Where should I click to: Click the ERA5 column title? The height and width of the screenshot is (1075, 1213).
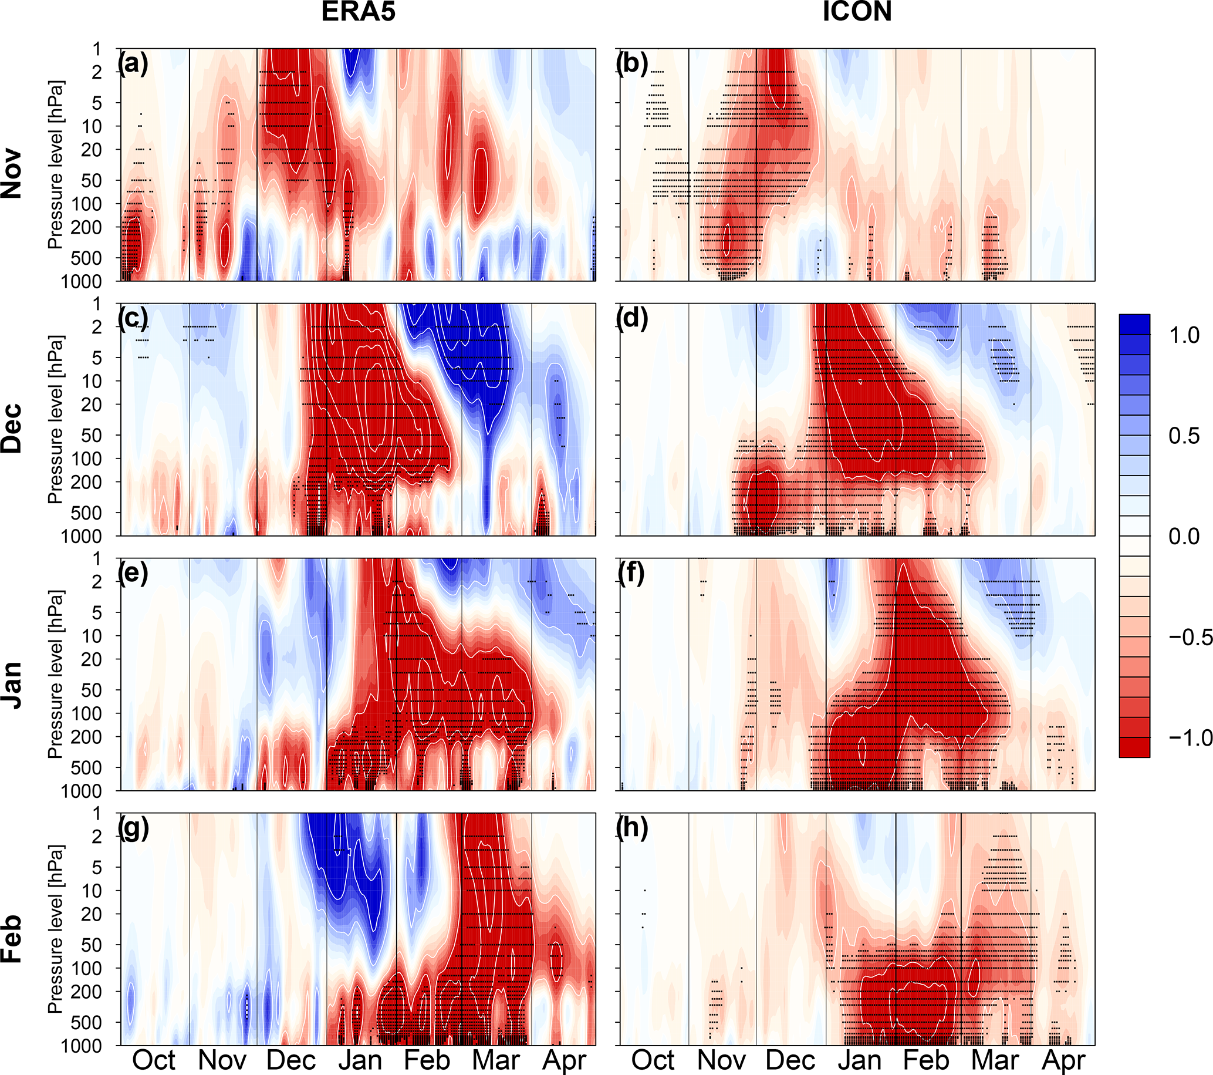(x=358, y=12)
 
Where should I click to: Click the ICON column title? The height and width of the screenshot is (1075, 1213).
(x=856, y=12)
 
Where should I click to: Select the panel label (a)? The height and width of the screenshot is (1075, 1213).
(x=133, y=63)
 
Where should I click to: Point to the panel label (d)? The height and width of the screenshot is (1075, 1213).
(x=632, y=318)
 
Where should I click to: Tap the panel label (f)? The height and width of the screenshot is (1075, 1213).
(x=632, y=573)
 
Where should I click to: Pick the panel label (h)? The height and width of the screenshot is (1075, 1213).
(x=632, y=827)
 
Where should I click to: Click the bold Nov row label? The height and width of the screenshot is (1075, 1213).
(x=12, y=173)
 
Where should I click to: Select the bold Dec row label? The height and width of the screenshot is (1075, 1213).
(x=12, y=428)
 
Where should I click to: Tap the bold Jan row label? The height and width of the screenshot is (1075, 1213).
(x=12, y=684)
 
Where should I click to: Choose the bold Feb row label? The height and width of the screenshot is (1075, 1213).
(x=12, y=938)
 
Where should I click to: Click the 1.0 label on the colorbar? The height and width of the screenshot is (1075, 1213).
(x=1184, y=336)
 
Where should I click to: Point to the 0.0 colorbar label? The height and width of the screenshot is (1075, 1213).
(x=1184, y=537)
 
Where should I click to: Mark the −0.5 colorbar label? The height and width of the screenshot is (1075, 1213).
(x=1190, y=638)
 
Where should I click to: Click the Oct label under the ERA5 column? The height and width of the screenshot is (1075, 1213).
(x=154, y=1060)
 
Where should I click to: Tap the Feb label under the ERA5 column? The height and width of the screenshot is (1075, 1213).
(x=427, y=1060)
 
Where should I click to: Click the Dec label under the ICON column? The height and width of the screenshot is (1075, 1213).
(x=790, y=1060)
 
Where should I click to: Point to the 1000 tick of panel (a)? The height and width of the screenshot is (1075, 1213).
(x=82, y=281)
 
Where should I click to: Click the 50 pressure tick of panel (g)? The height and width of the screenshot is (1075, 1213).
(x=92, y=945)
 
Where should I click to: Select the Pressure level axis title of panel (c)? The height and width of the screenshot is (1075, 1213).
(x=55, y=419)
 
